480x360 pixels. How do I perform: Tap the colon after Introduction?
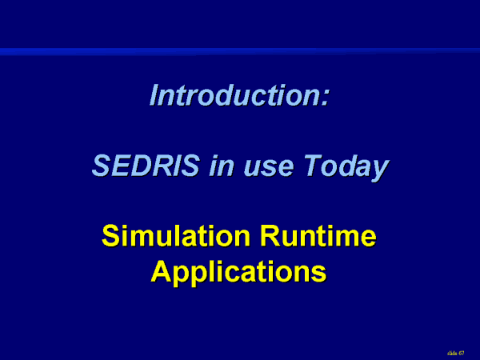(x=325, y=98)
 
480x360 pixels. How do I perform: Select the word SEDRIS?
(x=146, y=166)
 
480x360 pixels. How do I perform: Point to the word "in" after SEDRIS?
(x=222, y=166)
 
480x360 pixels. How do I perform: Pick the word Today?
(x=346, y=167)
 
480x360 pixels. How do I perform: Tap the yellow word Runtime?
(x=318, y=235)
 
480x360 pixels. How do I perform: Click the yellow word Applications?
(x=238, y=273)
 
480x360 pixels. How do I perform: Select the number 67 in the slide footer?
(x=462, y=354)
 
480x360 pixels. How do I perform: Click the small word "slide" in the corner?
(x=452, y=354)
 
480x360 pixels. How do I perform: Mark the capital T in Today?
(x=313, y=166)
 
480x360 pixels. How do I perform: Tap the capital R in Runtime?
(x=270, y=235)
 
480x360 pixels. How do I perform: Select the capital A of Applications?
(x=162, y=270)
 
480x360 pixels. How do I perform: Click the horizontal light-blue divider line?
(x=240, y=52)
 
